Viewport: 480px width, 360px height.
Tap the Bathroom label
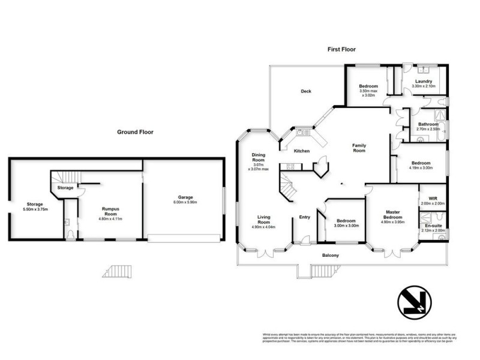(x=428, y=124)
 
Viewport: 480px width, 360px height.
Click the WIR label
(x=432, y=199)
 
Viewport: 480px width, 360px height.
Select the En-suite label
(x=433, y=225)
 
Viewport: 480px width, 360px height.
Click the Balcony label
(x=331, y=256)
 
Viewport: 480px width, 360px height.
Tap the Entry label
(x=304, y=217)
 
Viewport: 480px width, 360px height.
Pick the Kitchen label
(x=301, y=151)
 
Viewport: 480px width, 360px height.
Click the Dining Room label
(x=258, y=158)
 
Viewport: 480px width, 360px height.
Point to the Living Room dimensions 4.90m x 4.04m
(x=266, y=227)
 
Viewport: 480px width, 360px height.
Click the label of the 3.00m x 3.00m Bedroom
(x=347, y=220)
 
